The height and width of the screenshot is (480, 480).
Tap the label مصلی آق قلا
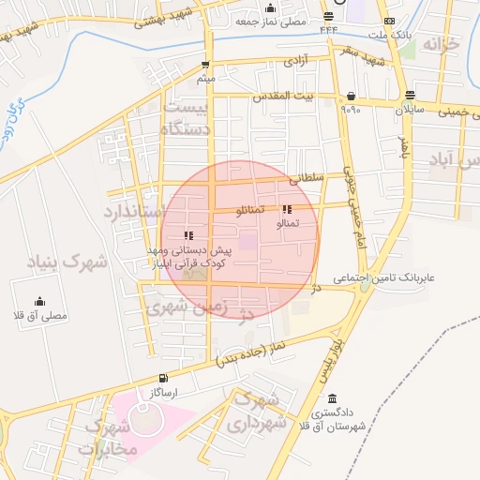click(39, 316)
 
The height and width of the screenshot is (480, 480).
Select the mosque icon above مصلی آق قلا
click(39, 301)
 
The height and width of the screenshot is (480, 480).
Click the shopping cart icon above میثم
click(204, 65)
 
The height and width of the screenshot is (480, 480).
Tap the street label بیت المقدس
click(280, 96)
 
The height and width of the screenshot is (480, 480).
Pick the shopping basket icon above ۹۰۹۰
click(351, 96)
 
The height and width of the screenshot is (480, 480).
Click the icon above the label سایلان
click(410, 95)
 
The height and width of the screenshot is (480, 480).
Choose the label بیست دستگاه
click(190, 117)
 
